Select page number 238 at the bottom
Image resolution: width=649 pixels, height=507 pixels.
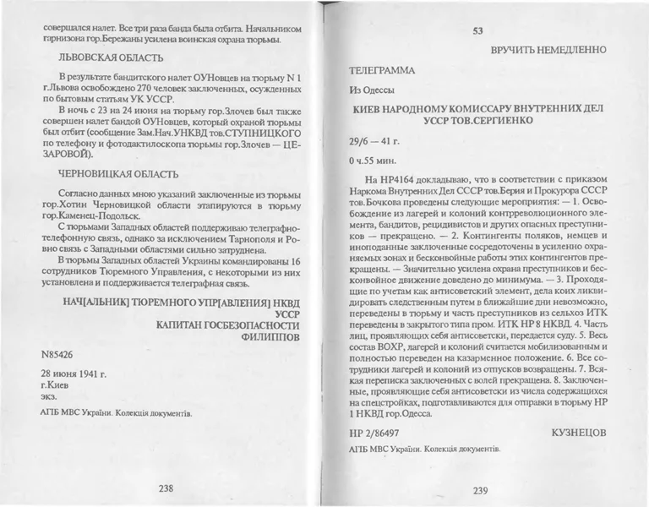(160, 488)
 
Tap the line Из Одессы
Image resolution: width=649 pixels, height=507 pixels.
(372, 90)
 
